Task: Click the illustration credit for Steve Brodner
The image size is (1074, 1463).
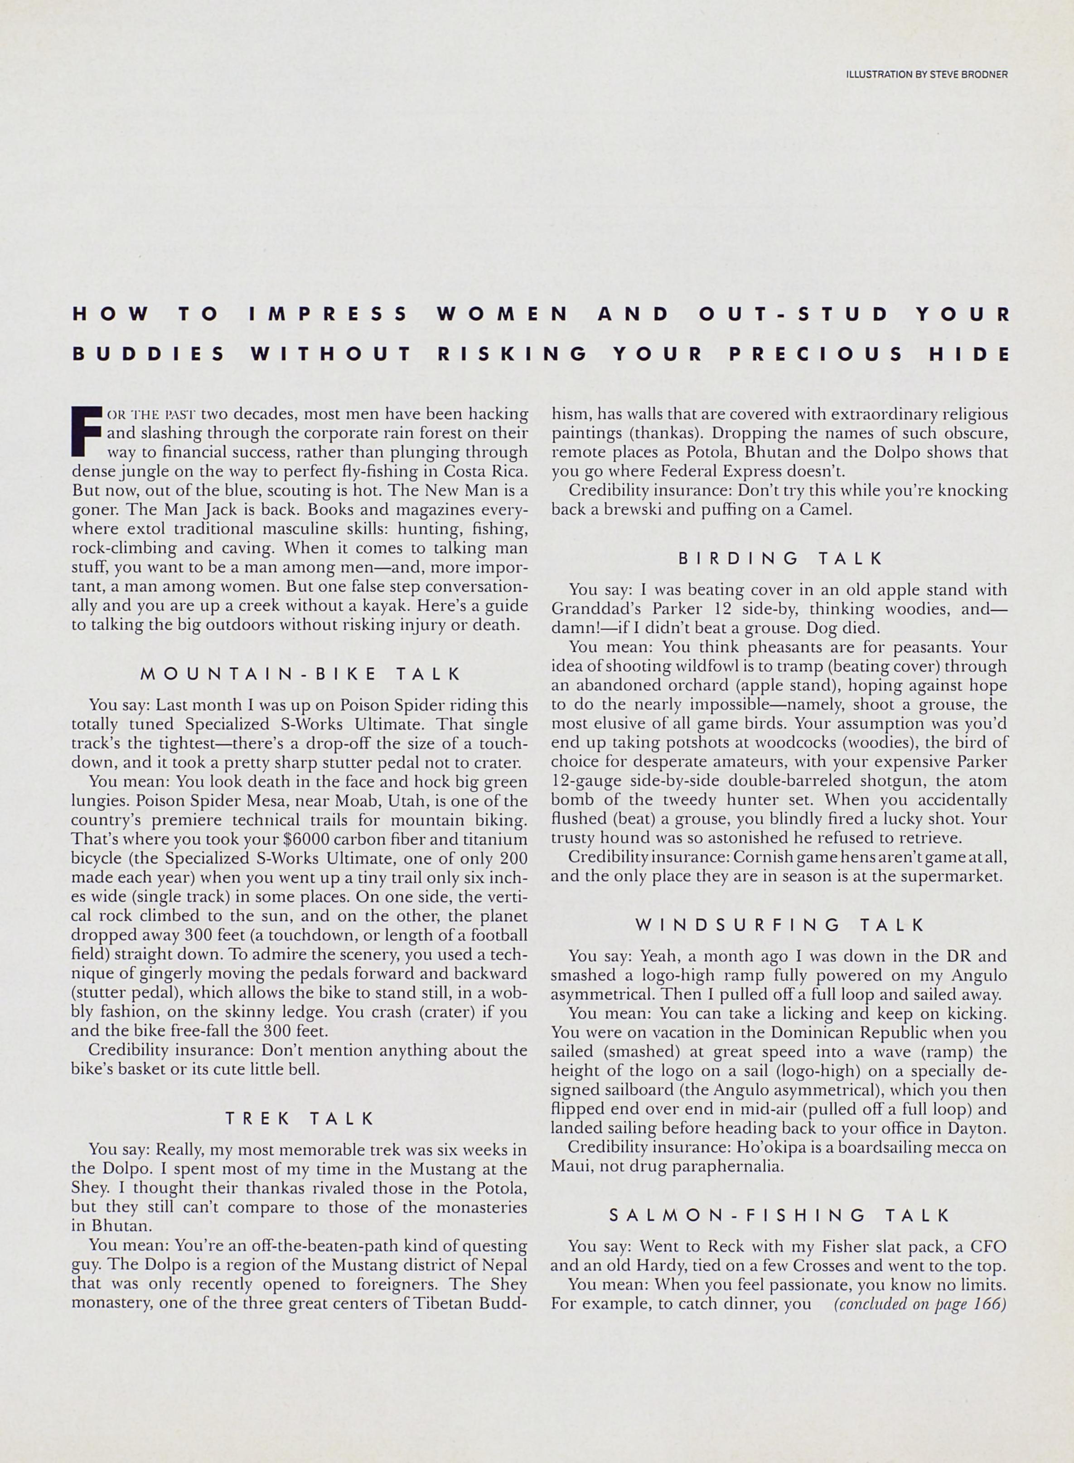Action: click(926, 75)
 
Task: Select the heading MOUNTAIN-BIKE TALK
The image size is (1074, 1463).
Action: click(300, 673)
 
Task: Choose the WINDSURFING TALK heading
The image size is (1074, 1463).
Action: click(779, 925)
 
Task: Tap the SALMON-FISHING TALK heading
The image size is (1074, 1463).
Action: click(779, 1215)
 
